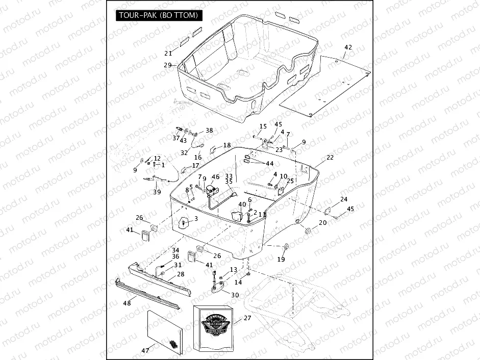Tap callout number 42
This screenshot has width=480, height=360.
pyautogui.click(x=348, y=47)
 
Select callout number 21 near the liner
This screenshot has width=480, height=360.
pyautogui.click(x=168, y=53)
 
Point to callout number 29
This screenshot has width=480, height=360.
pyautogui.click(x=167, y=65)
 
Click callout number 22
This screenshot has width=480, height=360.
pyautogui.click(x=330, y=158)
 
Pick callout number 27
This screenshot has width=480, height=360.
pyautogui.click(x=247, y=318)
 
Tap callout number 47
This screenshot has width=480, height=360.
pyautogui.click(x=145, y=350)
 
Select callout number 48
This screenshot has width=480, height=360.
pyautogui.click(x=127, y=303)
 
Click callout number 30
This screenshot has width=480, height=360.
pyautogui.click(x=235, y=295)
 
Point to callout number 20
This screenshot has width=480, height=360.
pyautogui.click(x=322, y=223)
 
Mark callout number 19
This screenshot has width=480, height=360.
pyautogui.click(x=281, y=260)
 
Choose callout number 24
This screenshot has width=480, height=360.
pyautogui.click(x=344, y=199)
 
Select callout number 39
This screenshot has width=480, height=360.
pyautogui.click(x=157, y=192)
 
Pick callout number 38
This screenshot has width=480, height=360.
pyautogui.click(x=209, y=131)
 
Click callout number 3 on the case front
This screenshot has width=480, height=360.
pyautogui.click(x=196, y=219)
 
